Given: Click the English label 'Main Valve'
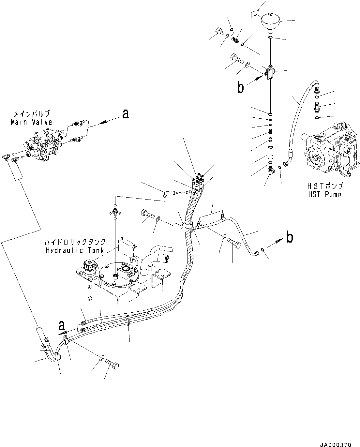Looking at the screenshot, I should coord(31,122).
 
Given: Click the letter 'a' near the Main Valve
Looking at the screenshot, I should coord(125,114).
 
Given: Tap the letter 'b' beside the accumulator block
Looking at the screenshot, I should coord(240,87).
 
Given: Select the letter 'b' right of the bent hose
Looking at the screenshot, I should coord(289,238).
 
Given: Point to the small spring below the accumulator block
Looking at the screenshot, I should coord(270,131).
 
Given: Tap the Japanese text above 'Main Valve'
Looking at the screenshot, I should coord(31,114).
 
